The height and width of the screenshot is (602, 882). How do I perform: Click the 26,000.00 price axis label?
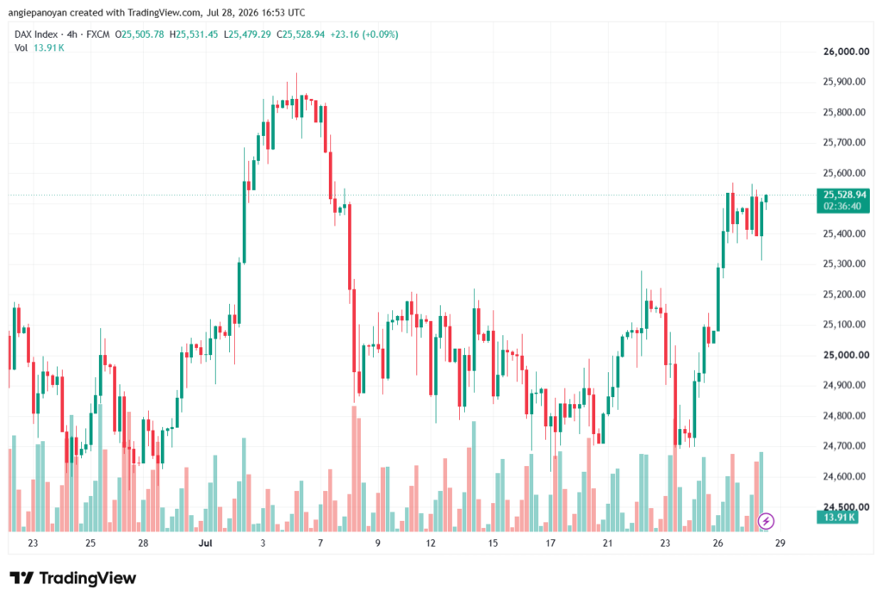[846, 52]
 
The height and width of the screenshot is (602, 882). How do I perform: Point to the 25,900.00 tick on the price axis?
[844, 82]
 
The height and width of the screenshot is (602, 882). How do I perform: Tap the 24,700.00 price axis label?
[844, 446]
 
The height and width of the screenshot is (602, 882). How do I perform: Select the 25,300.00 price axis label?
[844, 264]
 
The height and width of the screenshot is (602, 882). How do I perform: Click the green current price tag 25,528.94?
[844, 195]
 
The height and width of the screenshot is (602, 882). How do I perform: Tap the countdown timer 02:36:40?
[842, 207]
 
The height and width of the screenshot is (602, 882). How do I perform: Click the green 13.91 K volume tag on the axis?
[838, 517]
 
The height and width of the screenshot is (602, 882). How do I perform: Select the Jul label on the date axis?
[205, 543]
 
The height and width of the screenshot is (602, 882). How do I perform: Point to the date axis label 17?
[550, 543]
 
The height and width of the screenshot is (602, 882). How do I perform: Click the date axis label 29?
[780, 543]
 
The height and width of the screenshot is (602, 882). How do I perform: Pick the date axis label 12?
[431, 543]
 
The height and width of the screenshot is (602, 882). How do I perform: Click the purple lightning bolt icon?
[766, 522]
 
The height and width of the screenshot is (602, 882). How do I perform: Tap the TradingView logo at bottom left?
[72, 579]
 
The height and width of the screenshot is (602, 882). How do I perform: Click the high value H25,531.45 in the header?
[194, 34]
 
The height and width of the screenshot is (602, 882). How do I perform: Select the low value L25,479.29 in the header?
[247, 34]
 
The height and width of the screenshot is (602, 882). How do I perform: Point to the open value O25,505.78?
[140, 34]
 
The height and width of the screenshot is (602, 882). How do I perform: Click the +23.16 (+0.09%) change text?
[364, 34]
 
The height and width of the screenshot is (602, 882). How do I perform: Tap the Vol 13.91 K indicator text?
[40, 48]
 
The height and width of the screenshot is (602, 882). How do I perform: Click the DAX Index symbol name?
[36, 34]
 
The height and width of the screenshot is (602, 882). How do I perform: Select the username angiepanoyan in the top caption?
[38, 12]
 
